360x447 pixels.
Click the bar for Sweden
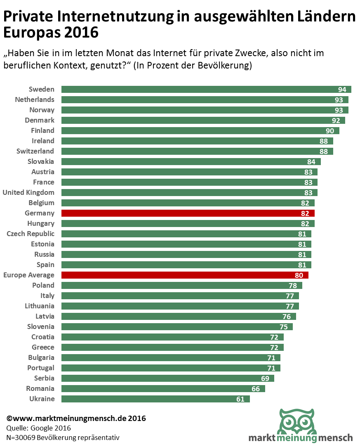[198, 90]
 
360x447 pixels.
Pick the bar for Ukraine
[148, 399]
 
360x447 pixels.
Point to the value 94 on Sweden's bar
[342, 90]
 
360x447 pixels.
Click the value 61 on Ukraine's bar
[240, 399]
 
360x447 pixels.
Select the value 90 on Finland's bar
[330, 131]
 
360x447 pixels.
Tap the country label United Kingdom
[28, 192]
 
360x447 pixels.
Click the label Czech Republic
[31, 234]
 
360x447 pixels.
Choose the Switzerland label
[35, 151]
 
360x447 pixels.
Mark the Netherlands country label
[35, 99]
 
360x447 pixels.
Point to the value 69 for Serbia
[265, 378]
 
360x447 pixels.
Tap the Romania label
[40, 388]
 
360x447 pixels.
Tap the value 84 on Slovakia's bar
[311, 162]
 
